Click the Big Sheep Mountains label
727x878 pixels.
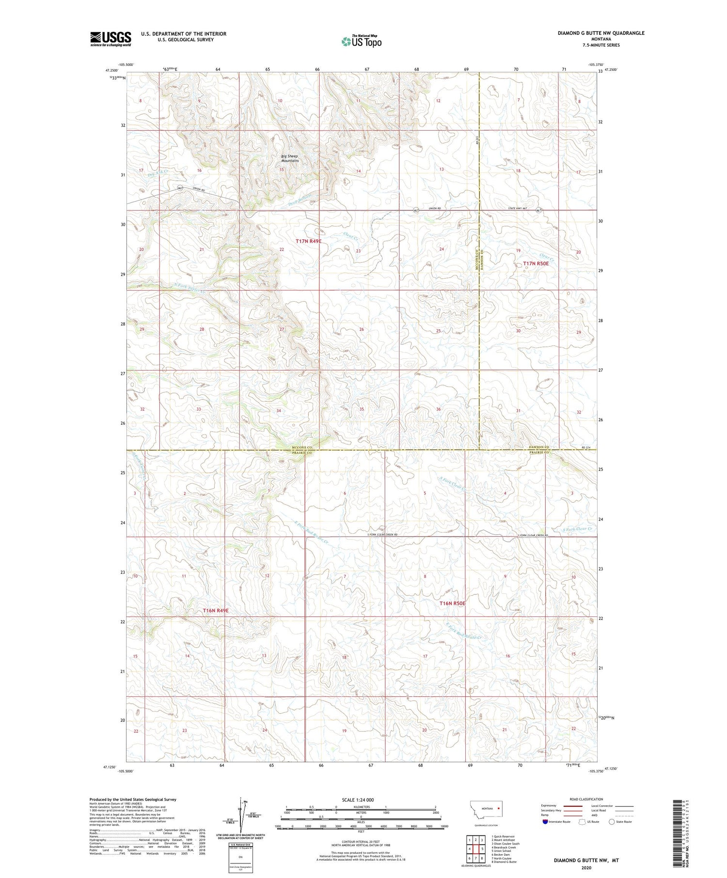[290, 158]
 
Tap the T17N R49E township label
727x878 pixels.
[308, 241]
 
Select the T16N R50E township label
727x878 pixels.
[452, 603]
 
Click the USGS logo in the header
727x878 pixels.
[111, 39]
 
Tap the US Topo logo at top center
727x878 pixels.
[361, 42]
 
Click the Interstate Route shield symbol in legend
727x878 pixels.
[545, 822]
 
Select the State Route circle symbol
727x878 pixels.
[612, 822]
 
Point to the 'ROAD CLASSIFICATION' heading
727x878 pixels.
[586, 799]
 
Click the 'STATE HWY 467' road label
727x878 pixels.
[517, 209]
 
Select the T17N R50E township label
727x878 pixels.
[536, 263]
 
